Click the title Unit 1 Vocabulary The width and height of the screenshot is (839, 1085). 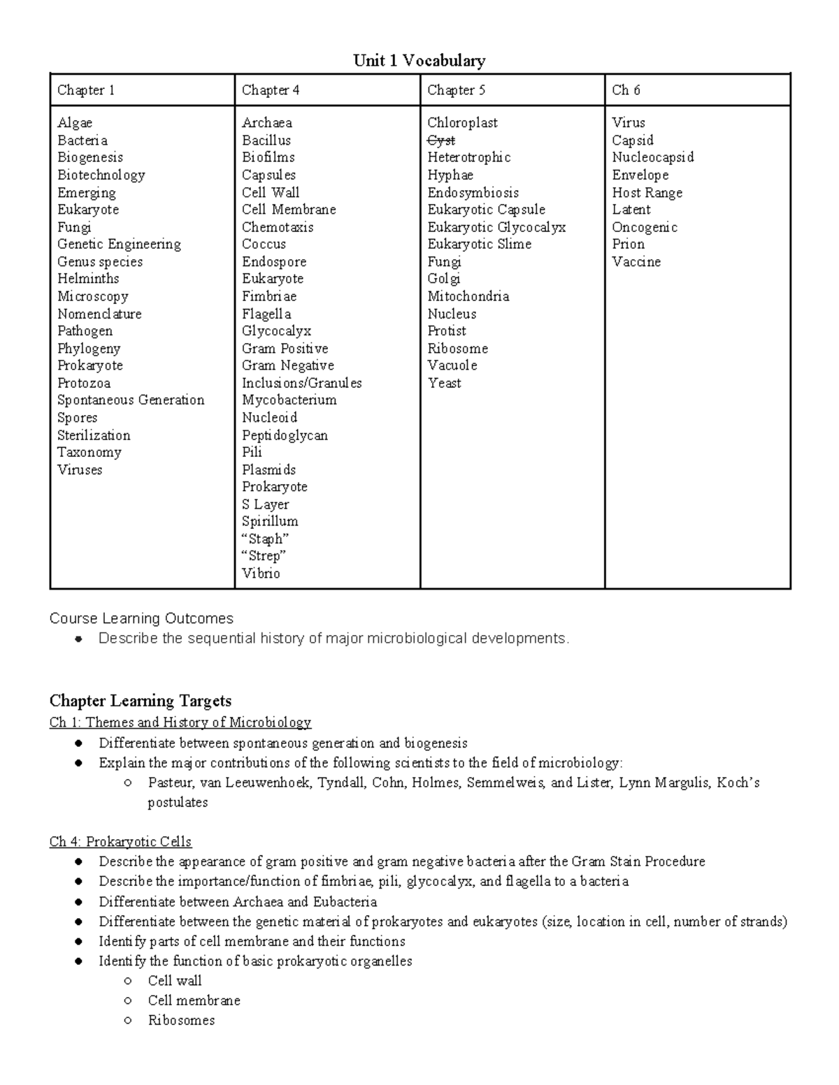(419, 61)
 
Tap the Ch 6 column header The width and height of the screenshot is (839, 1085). (626, 90)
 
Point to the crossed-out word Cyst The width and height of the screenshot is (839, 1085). (441, 140)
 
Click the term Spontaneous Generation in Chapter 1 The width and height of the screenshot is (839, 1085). (131, 400)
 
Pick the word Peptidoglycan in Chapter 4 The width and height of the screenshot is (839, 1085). (285, 435)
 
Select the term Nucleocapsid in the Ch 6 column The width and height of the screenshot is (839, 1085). (652, 157)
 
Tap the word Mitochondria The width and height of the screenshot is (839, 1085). (468, 296)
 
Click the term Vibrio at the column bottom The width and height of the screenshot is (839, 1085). (261, 574)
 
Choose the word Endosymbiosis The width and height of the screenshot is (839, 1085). (473, 193)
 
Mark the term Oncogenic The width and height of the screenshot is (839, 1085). (644, 227)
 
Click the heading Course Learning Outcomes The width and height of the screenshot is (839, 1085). (141, 618)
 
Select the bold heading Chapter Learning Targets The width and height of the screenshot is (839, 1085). (140, 701)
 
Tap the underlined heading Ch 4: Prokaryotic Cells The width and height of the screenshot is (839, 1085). (120, 842)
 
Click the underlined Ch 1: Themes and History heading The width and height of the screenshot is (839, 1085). (180, 722)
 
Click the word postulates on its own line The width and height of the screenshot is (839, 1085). (178, 802)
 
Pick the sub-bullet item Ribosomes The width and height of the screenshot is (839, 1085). (181, 1020)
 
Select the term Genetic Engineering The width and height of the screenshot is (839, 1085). (119, 244)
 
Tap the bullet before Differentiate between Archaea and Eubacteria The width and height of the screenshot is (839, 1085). (80, 902)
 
